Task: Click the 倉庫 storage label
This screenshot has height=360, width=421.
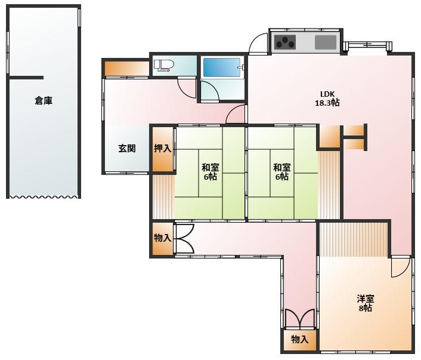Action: click(x=44, y=100)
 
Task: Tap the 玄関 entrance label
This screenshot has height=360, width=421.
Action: click(x=127, y=149)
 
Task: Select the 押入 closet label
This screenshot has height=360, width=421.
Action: click(x=162, y=149)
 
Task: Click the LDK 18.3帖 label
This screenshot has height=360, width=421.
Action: click(x=327, y=99)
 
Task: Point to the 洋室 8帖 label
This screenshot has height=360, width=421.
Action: click(x=366, y=303)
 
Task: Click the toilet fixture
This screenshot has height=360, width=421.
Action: click(x=164, y=66)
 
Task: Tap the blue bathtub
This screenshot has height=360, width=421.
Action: click(x=222, y=67)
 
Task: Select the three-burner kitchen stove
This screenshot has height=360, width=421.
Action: click(x=285, y=42)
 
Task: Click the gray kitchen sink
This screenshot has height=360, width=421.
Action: click(x=326, y=42)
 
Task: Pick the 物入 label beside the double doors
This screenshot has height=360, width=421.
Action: click(x=162, y=238)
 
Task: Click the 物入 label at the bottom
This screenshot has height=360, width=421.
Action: click(x=299, y=339)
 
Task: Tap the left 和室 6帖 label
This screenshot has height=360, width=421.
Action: click(x=210, y=172)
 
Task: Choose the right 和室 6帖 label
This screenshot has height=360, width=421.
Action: click(x=281, y=172)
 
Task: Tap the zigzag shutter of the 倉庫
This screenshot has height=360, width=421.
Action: click(x=44, y=198)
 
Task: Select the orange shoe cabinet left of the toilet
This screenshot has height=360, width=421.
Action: click(x=127, y=69)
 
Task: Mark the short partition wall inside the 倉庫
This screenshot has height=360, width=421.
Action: click(x=26, y=78)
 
